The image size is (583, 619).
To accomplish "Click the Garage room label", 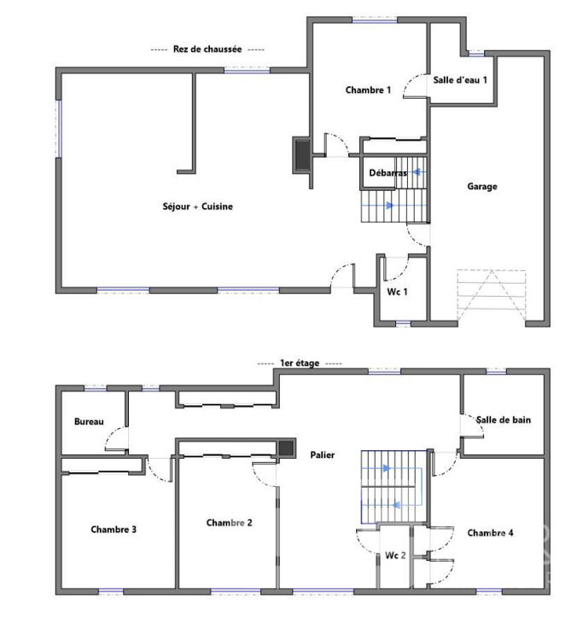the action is [481, 187].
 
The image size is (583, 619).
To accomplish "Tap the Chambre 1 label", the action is [368, 90].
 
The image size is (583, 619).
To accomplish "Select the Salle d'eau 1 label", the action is [460, 80].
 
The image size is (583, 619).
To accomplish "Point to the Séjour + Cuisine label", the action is [198, 206].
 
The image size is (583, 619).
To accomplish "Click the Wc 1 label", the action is [397, 292].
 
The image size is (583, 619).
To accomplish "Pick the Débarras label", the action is [388, 172].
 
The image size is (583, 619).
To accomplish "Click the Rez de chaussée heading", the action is [207, 49].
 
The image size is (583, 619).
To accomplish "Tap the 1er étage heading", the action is [300, 363].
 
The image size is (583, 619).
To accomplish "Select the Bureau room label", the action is [89, 421].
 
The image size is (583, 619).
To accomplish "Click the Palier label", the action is [323, 454].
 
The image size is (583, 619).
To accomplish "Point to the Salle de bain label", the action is [503, 419].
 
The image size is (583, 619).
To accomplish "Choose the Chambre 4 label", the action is [490, 533].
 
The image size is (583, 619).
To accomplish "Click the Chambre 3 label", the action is [114, 529].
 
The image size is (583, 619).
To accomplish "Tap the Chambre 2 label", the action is [230, 523].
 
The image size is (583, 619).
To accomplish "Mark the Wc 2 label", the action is [395, 555].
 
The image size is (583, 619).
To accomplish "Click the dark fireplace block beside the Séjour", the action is [303, 155].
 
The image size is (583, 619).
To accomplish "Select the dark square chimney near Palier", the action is [286, 448].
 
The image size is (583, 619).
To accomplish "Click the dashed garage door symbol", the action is [492, 295].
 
